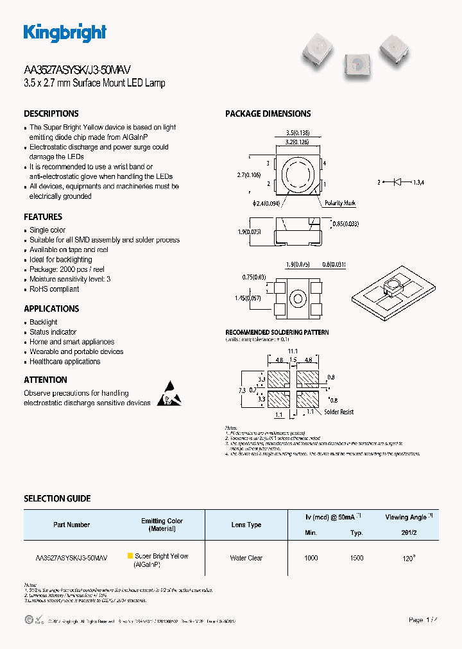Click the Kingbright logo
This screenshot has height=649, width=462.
[x=65, y=33]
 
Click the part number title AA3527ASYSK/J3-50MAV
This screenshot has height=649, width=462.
[x=78, y=71]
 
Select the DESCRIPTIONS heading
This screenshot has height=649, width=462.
[x=51, y=114]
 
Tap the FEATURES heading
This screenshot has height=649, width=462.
[x=43, y=217]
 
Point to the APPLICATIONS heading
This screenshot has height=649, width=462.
[x=51, y=308]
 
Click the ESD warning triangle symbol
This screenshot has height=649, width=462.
[x=169, y=394]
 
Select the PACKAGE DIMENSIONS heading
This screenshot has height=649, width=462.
[x=268, y=114]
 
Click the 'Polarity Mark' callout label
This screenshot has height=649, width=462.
[x=340, y=203]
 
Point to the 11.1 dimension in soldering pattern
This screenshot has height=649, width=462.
[x=293, y=351]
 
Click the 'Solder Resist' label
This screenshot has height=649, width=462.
[x=338, y=412]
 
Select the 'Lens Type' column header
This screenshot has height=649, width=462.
[x=246, y=525]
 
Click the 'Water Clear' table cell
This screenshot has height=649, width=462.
[x=246, y=558]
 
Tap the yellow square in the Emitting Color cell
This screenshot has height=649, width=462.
[x=130, y=556]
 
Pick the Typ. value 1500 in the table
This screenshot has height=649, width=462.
[x=357, y=558]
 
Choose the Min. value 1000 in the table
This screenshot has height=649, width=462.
[x=311, y=558]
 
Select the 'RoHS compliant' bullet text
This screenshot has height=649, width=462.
[x=55, y=289]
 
